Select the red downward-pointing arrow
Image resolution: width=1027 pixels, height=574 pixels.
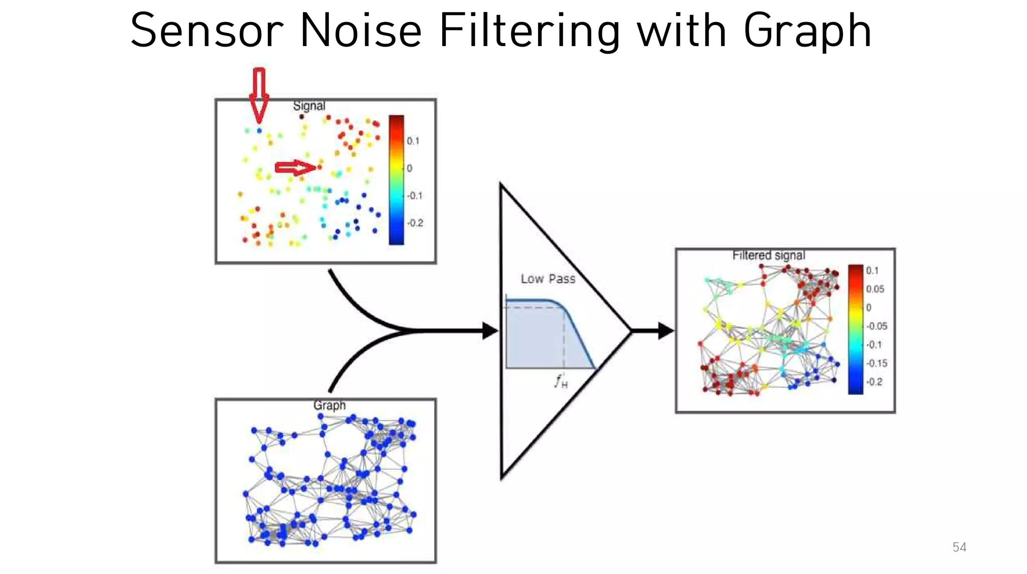click(259, 95)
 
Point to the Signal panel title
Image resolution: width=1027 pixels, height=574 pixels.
click(309, 106)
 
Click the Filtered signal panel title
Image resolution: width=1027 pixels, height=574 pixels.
click(768, 255)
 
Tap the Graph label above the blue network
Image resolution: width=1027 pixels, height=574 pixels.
click(329, 405)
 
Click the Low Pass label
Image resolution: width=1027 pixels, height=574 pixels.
click(548, 279)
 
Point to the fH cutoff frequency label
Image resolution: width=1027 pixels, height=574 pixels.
click(561, 382)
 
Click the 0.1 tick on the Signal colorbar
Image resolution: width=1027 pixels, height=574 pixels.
click(413, 141)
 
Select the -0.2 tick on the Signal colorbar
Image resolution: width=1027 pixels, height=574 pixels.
click(415, 223)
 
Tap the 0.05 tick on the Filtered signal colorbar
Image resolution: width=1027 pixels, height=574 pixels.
click(875, 289)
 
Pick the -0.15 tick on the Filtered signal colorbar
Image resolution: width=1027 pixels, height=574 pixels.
click(877, 363)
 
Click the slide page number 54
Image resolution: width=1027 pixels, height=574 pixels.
click(959, 547)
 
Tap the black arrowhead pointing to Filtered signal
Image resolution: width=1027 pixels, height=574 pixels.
click(665, 331)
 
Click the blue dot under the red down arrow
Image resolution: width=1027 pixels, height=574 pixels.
click(259, 130)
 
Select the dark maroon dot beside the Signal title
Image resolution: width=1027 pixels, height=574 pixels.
click(301, 117)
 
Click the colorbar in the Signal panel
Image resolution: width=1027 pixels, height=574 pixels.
click(396, 180)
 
